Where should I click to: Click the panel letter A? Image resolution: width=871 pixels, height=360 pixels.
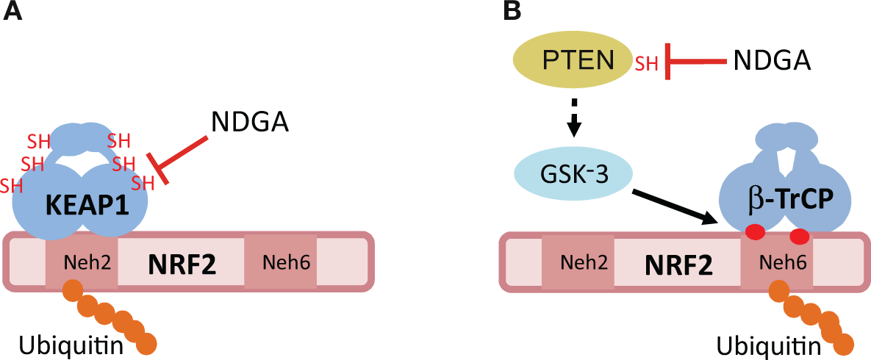[x=13, y=12]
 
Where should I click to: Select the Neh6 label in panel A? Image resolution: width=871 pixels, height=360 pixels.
[x=281, y=262]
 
